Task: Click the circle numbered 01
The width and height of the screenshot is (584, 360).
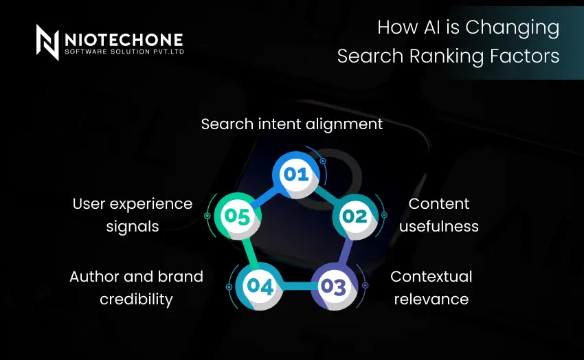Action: (296, 174)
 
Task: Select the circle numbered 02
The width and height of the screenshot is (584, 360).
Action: (355, 217)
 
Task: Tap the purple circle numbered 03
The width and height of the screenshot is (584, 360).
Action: (333, 286)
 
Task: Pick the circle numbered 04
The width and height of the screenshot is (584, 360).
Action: (260, 286)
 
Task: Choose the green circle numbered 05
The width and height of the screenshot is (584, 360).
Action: (237, 216)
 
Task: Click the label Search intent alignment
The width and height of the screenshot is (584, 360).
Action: (292, 124)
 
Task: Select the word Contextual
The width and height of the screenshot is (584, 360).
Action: (431, 276)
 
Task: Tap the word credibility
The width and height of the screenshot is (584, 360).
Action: (136, 300)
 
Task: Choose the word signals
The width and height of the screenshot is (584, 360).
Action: (132, 226)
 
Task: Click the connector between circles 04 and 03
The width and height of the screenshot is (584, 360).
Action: (297, 286)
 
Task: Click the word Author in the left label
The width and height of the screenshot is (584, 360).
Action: (93, 276)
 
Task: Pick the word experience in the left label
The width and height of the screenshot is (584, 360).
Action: (152, 204)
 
